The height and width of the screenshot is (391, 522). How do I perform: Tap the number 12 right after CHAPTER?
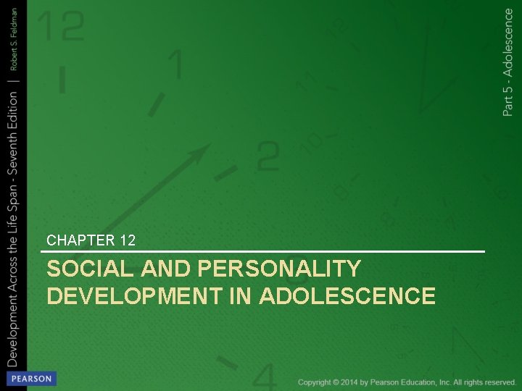tap(127, 240)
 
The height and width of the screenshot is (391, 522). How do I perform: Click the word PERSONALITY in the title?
tap(278, 269)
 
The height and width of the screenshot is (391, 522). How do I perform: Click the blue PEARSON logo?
tap(30, 379)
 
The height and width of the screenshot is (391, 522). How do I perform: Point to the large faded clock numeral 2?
tap(267, 155)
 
